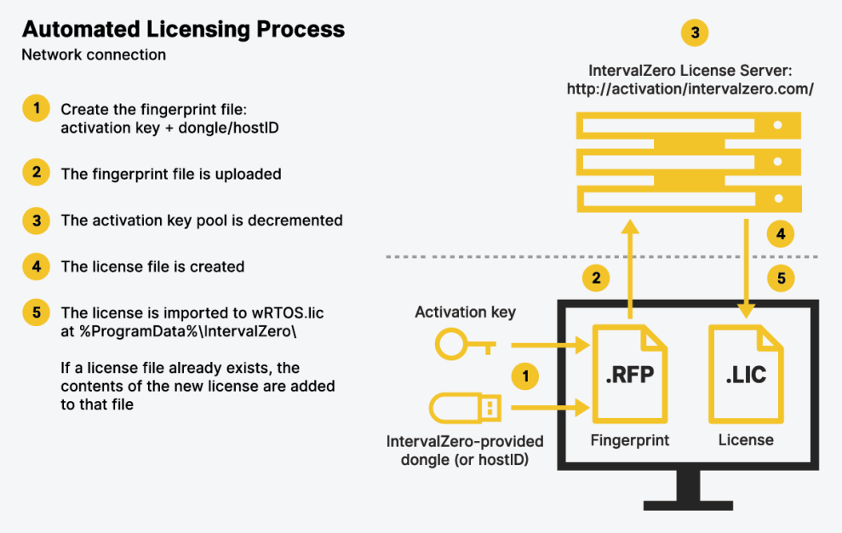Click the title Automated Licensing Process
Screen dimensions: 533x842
[x=183, y=29]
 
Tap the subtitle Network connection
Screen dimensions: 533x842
[x=94, y=55]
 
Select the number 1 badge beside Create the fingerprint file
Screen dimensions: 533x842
[x=36, y=109]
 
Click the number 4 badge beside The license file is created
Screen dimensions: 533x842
[x=36, y=266]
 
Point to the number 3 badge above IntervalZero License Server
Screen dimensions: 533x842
[x=695, y=33]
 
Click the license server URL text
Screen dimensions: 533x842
[x=690, y=89]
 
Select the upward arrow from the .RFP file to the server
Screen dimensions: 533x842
[x=629, y=268]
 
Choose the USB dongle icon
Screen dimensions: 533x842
[x=465, y=408]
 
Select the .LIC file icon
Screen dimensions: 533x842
[x=747, y=375]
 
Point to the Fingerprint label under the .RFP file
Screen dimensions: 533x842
[x=630, y=440]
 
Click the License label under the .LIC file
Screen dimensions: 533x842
[x=746, y=440]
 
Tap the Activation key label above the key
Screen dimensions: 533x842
[x=465, y=312]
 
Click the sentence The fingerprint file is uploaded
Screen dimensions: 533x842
[x=171, y=174]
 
